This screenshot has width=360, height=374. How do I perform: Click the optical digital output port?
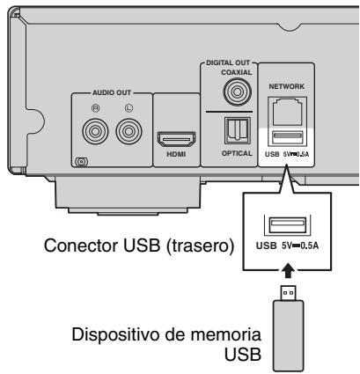tap(236, 131)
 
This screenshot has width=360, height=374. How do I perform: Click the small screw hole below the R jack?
tap(82, 161)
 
